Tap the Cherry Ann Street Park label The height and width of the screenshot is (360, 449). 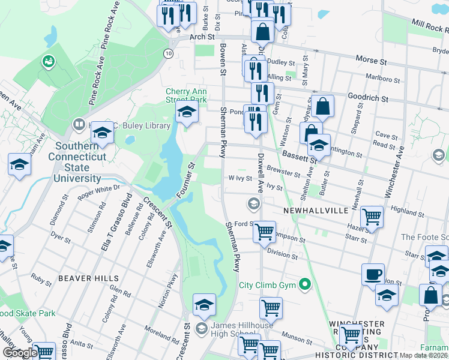tap(186, 96)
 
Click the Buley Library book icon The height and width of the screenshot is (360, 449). tap(78, 125)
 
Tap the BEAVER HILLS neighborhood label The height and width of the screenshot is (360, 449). tap(83, 278)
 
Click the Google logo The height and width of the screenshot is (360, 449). tap(19, 353)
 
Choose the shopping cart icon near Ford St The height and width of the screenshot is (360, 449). tap(264, 230)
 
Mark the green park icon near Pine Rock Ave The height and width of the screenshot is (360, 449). tap(47, 61)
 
